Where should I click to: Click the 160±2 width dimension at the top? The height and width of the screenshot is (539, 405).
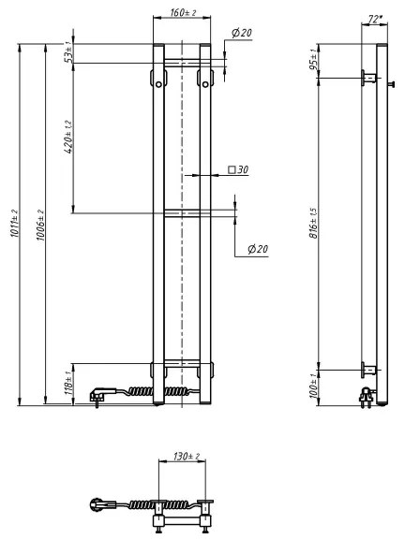(182, 15)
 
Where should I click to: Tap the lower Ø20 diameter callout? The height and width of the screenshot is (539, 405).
(258, 249)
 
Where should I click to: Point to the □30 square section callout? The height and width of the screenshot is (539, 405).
(238, 171)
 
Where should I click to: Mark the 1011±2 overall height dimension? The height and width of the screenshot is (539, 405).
(13, 225)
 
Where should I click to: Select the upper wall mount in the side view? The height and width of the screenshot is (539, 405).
(367, 78)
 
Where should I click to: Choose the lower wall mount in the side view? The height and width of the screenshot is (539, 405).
(367, 368)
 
